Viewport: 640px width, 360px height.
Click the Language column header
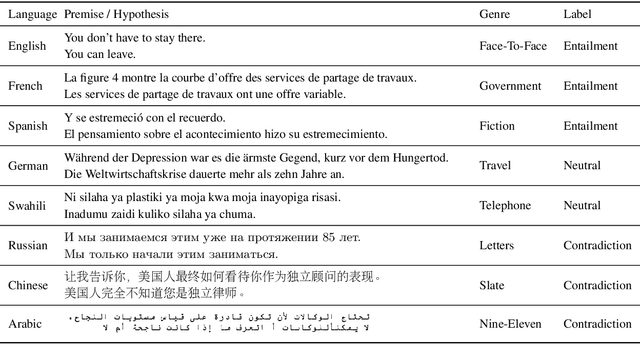(31, 15)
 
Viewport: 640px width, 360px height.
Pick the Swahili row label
(27, 205)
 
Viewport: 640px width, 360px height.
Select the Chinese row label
(28, 285)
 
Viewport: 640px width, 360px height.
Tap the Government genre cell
(510, 86)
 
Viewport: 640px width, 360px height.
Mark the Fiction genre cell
(496, 126)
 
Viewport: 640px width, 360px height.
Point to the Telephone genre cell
(505, 205)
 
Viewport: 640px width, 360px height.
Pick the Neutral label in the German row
(582, 165)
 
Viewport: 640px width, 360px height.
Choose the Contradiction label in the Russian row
(598, 245)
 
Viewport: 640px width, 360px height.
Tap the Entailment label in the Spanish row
(590, 126)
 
